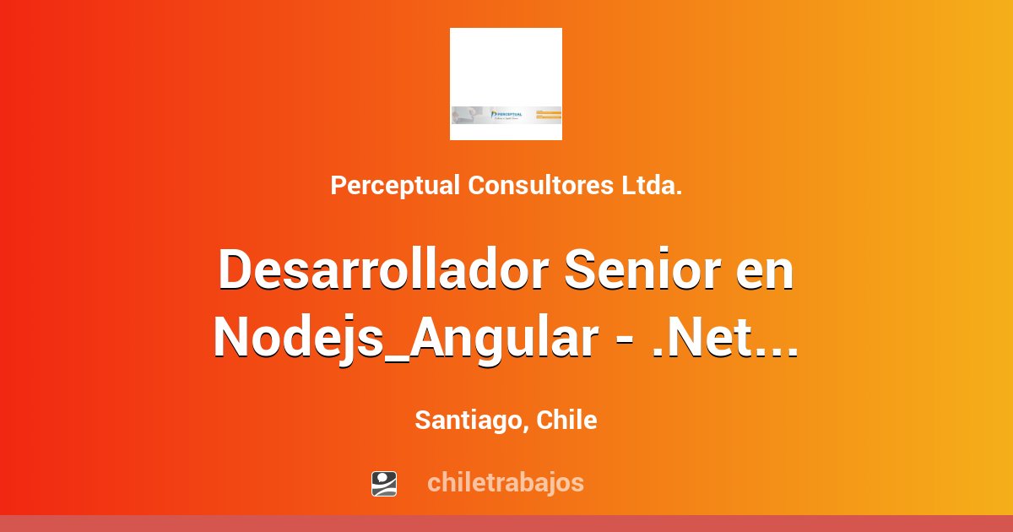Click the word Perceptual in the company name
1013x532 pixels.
[394, 186]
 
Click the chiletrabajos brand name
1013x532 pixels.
[505, 483]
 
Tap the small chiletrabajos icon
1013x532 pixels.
[384, 483]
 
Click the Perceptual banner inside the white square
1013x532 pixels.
[506, 115]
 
